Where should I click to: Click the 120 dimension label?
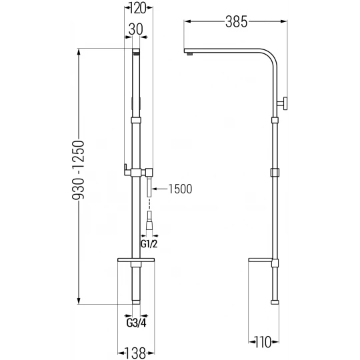click(x=137, y=9)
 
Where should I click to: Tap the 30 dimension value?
click(x=135, y=29)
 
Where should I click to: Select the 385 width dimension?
click(x=236, y=22)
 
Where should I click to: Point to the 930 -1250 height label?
click(x=78, y=170)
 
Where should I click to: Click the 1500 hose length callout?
click(x=180, y=189)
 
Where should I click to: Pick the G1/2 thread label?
click(x=149, y=244)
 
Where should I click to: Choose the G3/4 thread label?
click(x=136, y=323)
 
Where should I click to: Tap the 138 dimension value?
click(x=136, y=353)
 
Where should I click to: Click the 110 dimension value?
click(x=263, y=342)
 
